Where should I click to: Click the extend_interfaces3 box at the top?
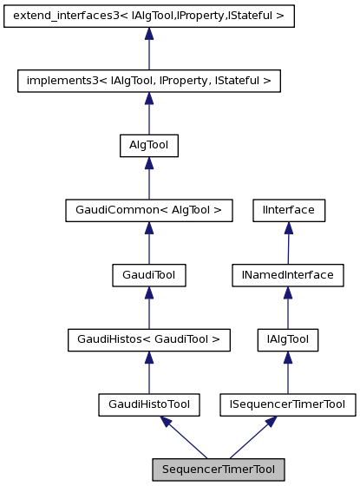[x=149, y=16]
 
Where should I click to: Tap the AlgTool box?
[x=149, y=146]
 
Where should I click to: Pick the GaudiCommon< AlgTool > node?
[x=149, y=209]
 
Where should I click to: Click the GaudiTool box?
[x=149, y=274]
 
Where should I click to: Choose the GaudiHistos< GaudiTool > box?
[x=149, y=339]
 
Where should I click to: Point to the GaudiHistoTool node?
[x=149, y=404]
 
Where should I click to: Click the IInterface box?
[x=288, y=209]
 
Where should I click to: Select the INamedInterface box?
[x=288, y=274]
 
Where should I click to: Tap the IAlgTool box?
[x=288, y=339]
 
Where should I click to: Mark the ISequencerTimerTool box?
[x=288, y=404]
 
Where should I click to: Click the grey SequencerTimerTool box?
[x=219, y=469]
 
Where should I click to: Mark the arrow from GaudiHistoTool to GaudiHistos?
[x=149, y=372]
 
